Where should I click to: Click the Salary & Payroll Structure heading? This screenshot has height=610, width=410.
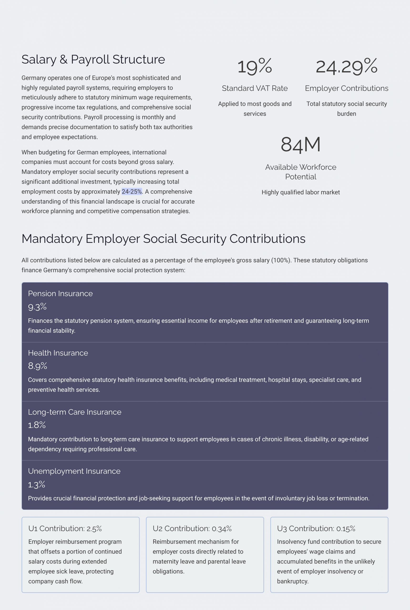(x=93, y=60)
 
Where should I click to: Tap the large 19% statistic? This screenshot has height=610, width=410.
(x=255, y=66)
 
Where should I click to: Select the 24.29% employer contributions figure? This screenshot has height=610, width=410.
(x=346, y=66)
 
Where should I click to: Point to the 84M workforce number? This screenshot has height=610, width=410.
(x=300, y=145)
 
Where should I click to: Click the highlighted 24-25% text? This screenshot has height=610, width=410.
(x=132, y=192)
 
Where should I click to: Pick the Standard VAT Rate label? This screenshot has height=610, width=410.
(x=255, y=88)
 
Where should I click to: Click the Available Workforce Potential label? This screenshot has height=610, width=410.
(x=301, y=172)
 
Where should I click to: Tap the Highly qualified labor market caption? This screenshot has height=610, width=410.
(x=301, y=192)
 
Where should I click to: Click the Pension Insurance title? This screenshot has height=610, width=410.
(x=60, y=294)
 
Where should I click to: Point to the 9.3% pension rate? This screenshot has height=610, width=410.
(x=37, y=307)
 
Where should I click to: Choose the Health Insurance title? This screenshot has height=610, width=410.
(x=58, y=353)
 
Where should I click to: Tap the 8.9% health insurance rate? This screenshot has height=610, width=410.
(x=38, y=366)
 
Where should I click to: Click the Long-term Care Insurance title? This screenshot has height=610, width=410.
(x=75, y=412)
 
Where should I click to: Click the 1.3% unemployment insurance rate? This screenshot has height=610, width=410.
(x=37, y=485)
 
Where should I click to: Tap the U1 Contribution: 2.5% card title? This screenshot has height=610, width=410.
(x=65, y=529)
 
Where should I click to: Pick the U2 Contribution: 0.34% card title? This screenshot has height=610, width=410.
(x=192, y=529)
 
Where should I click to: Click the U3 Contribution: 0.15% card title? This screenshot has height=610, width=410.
(x=316, y=529)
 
